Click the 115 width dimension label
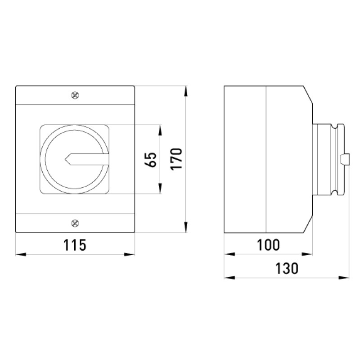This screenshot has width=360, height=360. click(x=75, y=245)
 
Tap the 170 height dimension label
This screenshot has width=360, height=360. click(x=176, y=159)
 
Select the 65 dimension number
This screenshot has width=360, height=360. click(x=150, y=159)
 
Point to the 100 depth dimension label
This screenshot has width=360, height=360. click(x=268, y=245)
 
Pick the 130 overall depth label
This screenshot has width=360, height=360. click(x=287, y=268)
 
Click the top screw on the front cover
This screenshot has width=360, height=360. click(x=75, y=95)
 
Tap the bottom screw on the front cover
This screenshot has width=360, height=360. click(x=75, y=223)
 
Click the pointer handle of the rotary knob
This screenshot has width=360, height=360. click(x=87, y=159)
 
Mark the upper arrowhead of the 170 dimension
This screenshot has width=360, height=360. click(x=186, y=91)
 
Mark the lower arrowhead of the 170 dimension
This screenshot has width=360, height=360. click(x=186, y=227)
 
